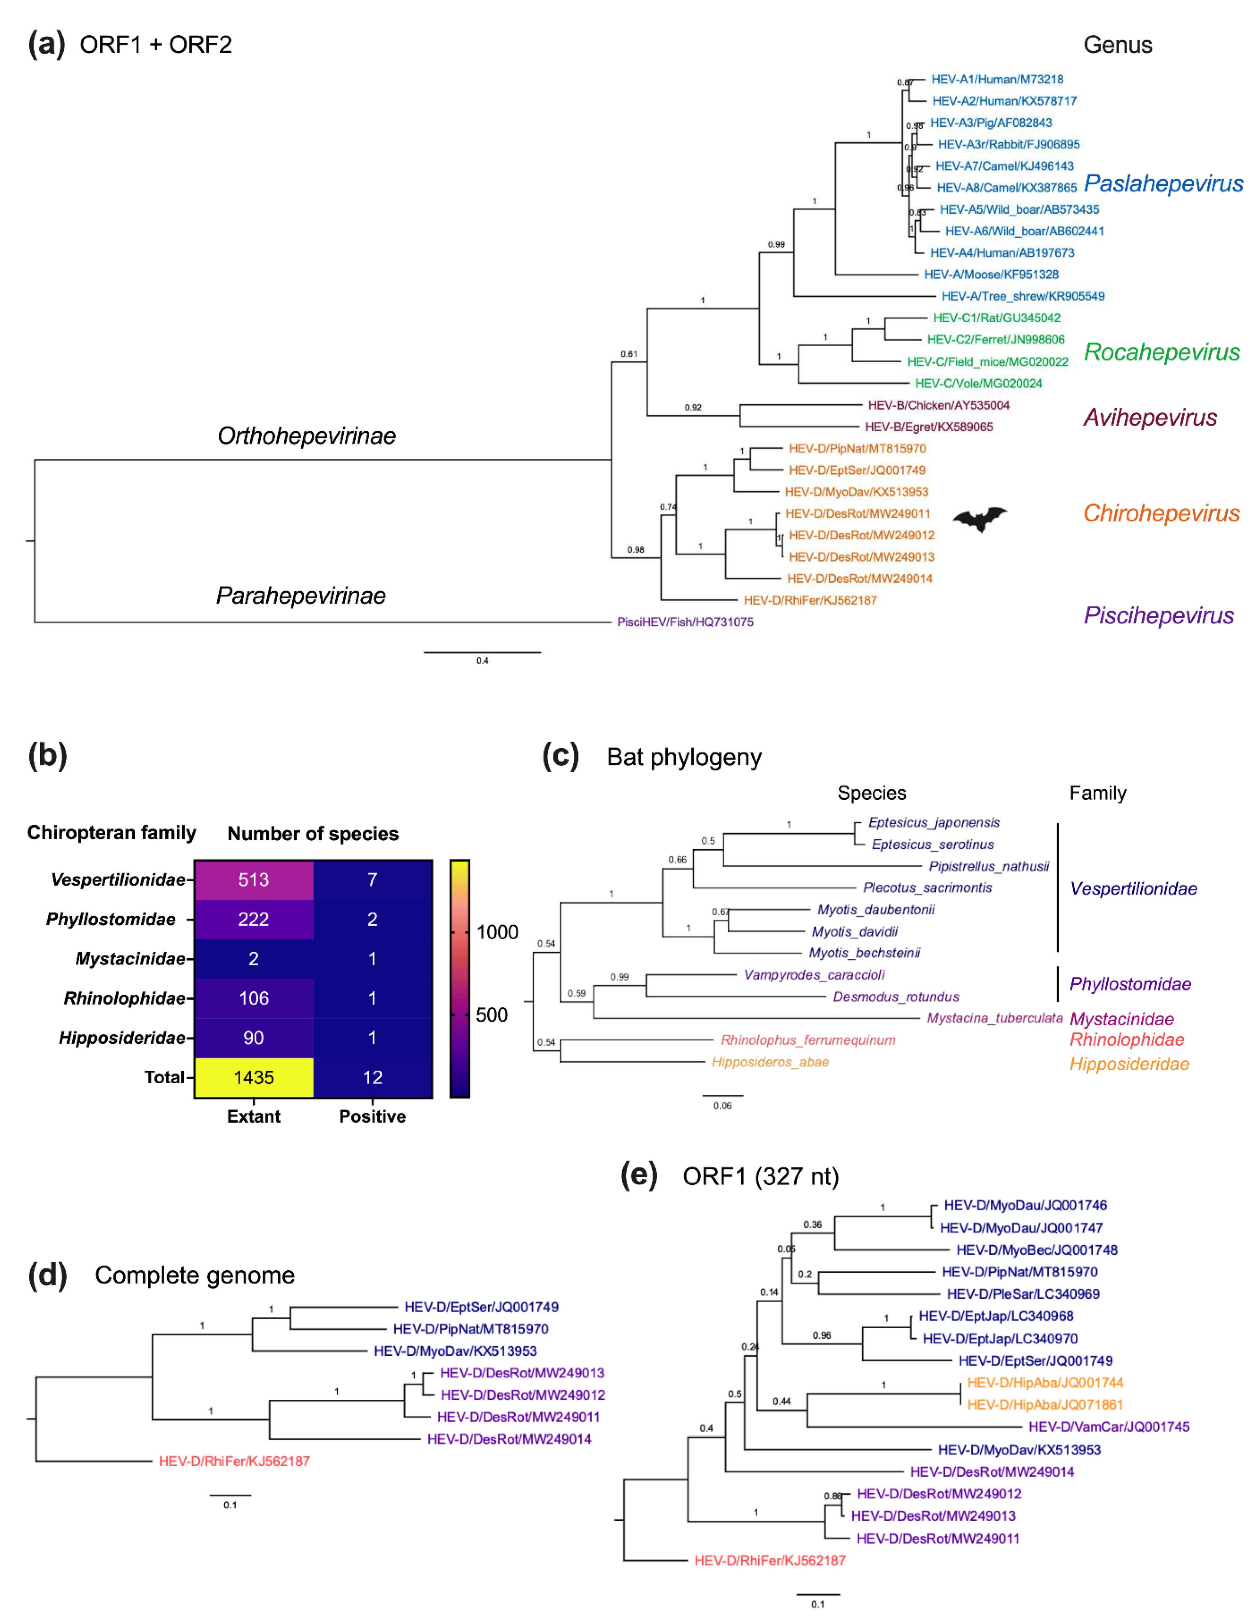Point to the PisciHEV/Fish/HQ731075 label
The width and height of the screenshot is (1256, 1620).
click(685, 622)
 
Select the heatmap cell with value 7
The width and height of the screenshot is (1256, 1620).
click(372, 880)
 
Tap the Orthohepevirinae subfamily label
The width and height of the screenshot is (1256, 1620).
click(307, 435)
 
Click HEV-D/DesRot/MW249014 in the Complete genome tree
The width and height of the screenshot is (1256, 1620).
click(509, 1439)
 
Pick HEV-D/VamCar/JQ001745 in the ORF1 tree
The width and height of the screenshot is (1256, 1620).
click(1108, 1427)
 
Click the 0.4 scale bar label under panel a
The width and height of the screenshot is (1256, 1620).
click(482, 660)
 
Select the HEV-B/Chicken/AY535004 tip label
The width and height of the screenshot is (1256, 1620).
click(939, 405)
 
